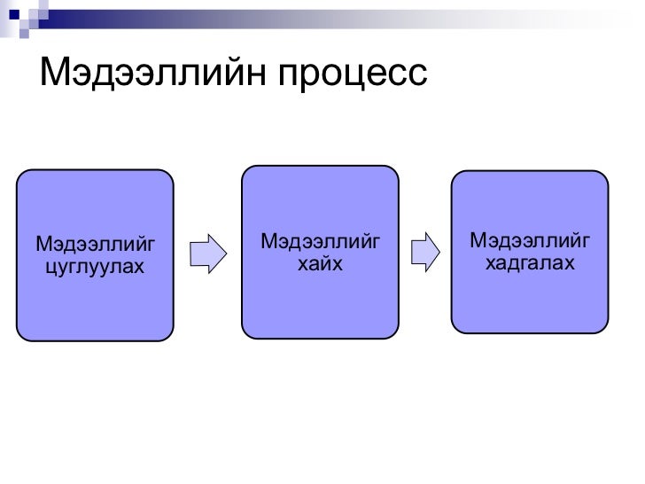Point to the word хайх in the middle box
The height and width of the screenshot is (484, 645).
click(x=320, y=264)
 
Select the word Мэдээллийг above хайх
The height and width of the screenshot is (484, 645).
click(x=320, y=240)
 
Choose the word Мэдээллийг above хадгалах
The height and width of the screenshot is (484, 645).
click(x=531, y=239)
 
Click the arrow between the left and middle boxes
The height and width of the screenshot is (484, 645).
click(x=209, y=253)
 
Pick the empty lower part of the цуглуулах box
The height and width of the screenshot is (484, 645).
click(x=94, y=310)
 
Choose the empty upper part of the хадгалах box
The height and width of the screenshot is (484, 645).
click(x=531, y=199)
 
